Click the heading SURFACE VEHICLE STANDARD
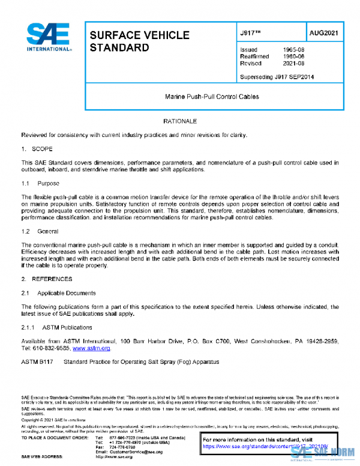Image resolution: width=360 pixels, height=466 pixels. click(139, 41)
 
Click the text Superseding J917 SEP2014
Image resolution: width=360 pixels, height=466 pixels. click(277, 77)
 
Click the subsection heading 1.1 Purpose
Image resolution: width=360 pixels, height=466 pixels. click(41, 183)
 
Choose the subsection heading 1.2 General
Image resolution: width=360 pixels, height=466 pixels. click(40, 231)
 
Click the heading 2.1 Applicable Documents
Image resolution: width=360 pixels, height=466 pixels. click(58, 293)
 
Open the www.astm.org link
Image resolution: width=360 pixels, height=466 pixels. click(91, 348)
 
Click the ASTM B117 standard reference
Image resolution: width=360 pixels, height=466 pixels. click(37, 362)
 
